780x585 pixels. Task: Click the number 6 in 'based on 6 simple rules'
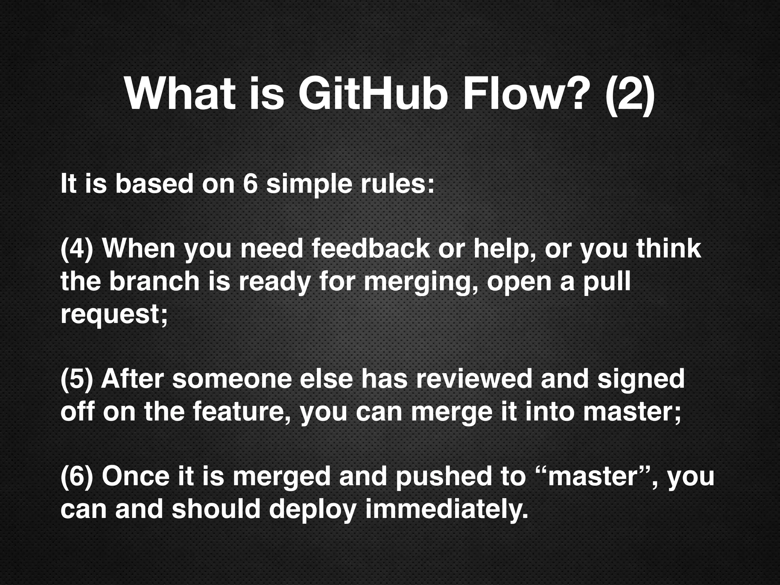(250, 184)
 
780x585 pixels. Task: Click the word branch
(155, 281)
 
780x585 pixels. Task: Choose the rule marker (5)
(77, 379)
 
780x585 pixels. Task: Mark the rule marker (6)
(77, 476)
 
